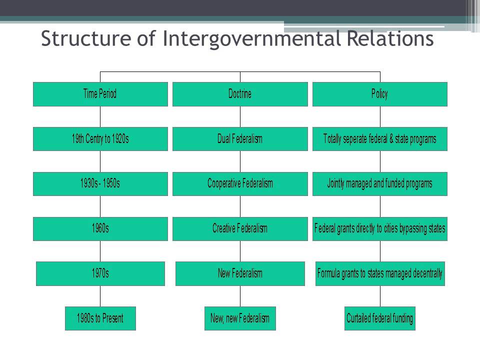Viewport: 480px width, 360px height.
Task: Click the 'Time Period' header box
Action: coord(100,94)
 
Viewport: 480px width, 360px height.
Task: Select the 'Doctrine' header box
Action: coord(240,94)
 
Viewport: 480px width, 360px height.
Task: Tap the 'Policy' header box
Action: coord(379,94)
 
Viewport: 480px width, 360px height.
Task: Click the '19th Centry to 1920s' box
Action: coord(100,139)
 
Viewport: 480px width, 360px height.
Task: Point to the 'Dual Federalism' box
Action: coord(240,139)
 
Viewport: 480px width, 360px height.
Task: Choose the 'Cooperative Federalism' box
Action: coord(240,183)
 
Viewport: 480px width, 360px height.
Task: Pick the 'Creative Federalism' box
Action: coord(240,228)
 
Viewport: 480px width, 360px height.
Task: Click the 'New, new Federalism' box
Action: coord(240,318)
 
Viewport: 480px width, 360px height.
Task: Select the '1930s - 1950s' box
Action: coord(100,183)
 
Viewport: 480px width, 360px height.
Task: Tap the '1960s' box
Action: coord(100,228)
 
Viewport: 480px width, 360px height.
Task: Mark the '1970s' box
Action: coord(100,273)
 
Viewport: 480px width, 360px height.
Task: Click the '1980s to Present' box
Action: coord(100,318)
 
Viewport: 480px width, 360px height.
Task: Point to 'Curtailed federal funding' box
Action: coord(380,318)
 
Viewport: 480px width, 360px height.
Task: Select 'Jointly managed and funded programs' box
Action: coord(379,183)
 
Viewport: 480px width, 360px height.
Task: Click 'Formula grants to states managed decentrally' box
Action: coord(380,273)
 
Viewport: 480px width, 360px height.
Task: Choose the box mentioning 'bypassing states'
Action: coord(379,228)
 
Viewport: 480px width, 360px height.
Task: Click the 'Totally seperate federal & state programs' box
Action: coord(379,139)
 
